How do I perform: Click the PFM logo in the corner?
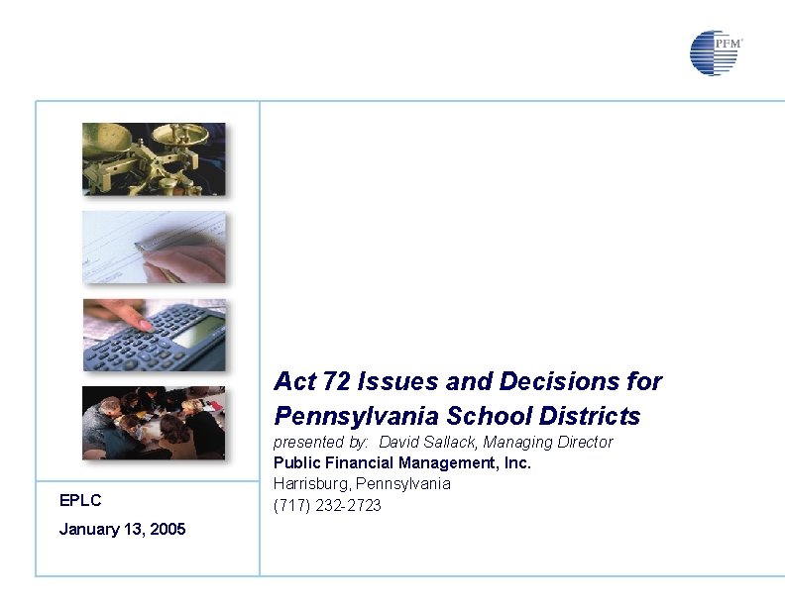point(715,52)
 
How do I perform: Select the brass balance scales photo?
point(154,158)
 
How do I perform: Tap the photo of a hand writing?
point(154,248)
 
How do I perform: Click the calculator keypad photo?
point(154,335)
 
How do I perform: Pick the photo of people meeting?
point(154,423)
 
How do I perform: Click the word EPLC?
point(80,501)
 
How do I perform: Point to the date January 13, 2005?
point(122,529)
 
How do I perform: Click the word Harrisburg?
point(309,484)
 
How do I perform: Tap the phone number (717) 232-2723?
point(327,506)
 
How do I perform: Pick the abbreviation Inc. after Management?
point(516,463)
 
